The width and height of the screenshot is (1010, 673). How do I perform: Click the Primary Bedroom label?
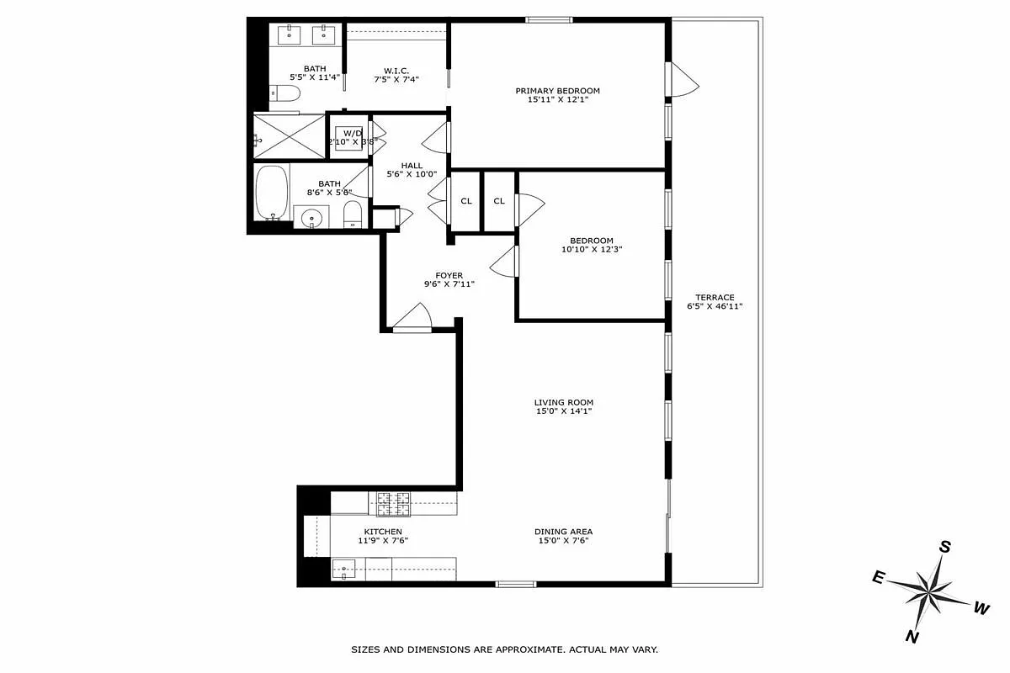[558, 91]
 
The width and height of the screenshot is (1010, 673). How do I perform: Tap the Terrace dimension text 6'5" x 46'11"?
[715, 307]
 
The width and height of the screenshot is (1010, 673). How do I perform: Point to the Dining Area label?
[563, 532]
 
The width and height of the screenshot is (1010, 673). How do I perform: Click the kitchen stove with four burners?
[392, 503]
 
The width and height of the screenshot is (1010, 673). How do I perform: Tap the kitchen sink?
[344, 569]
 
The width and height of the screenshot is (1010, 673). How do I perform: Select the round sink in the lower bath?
[312, 218]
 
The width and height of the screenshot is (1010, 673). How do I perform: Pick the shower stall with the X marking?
[290, 135]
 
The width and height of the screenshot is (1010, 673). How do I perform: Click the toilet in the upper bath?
[283, 94]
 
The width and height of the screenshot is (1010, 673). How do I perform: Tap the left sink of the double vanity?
[290, 34]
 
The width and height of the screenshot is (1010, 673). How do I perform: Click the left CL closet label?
[465, 201]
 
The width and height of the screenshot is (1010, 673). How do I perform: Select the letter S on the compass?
[945, 547]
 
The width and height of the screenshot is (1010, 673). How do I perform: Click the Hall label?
[412, 166]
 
